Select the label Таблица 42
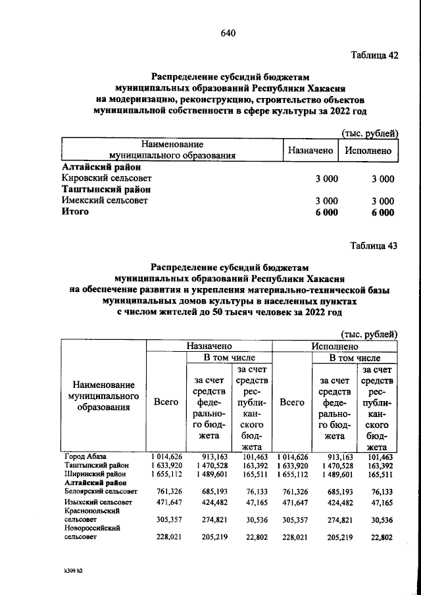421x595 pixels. (x=375, y=55)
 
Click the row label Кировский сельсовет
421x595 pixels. (x=106, y=178)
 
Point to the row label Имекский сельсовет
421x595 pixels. (x=104, y=201)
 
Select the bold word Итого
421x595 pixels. (x=74, y=212)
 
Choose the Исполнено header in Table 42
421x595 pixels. (x=368, y=151)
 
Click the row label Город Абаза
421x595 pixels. (x=85, y=456)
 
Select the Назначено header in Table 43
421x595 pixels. (x=209, y=345)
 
